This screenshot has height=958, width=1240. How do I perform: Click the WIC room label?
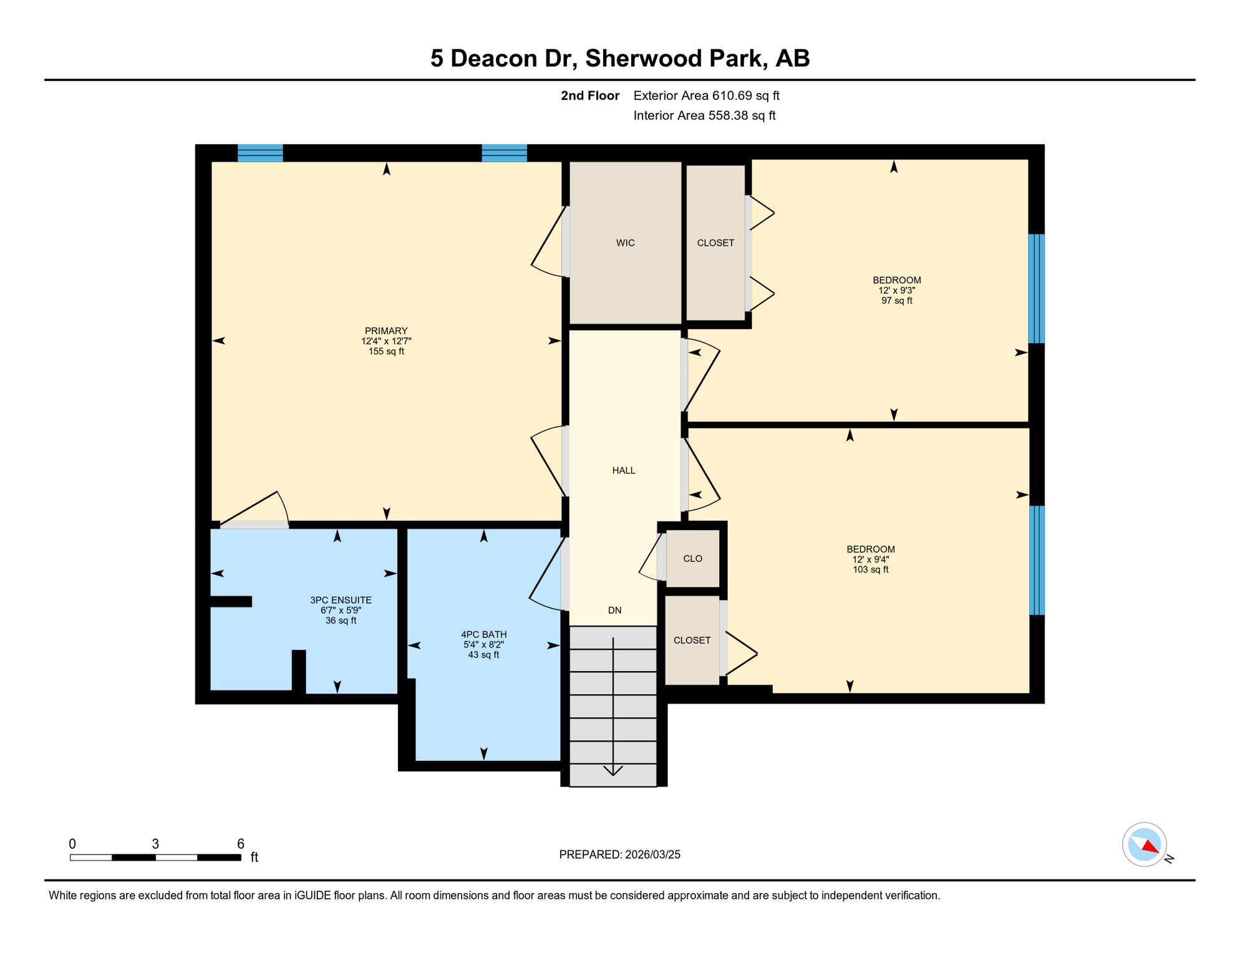click(x=625, y=243)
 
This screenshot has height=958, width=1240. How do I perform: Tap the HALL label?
click(x=623, y=470)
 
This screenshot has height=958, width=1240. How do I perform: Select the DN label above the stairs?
click(x=614, y=610)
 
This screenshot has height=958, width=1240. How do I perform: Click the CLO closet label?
click(x=692, y=558)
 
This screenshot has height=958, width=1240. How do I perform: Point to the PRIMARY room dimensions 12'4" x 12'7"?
click(x=386, y=341)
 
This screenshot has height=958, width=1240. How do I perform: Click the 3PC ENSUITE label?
click(x=341, y=600)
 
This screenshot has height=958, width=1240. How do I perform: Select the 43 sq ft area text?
click(x=483, y=655)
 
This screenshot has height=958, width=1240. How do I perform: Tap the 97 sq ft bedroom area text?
click(x=896, y=301)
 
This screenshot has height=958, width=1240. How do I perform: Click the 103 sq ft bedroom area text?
click(x=870, y=569)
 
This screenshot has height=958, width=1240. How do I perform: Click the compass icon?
click(x=1144, y=844)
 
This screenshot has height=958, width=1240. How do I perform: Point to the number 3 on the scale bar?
click(x=155, y=844)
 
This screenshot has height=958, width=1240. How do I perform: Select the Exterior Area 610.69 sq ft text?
click(x=706, y=95)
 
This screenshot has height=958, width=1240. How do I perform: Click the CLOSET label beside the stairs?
click(x=692, y=640)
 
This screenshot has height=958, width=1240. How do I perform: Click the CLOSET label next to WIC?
click(x=715, y=243)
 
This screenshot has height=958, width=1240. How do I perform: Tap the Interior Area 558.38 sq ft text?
click(x=704, y=115)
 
